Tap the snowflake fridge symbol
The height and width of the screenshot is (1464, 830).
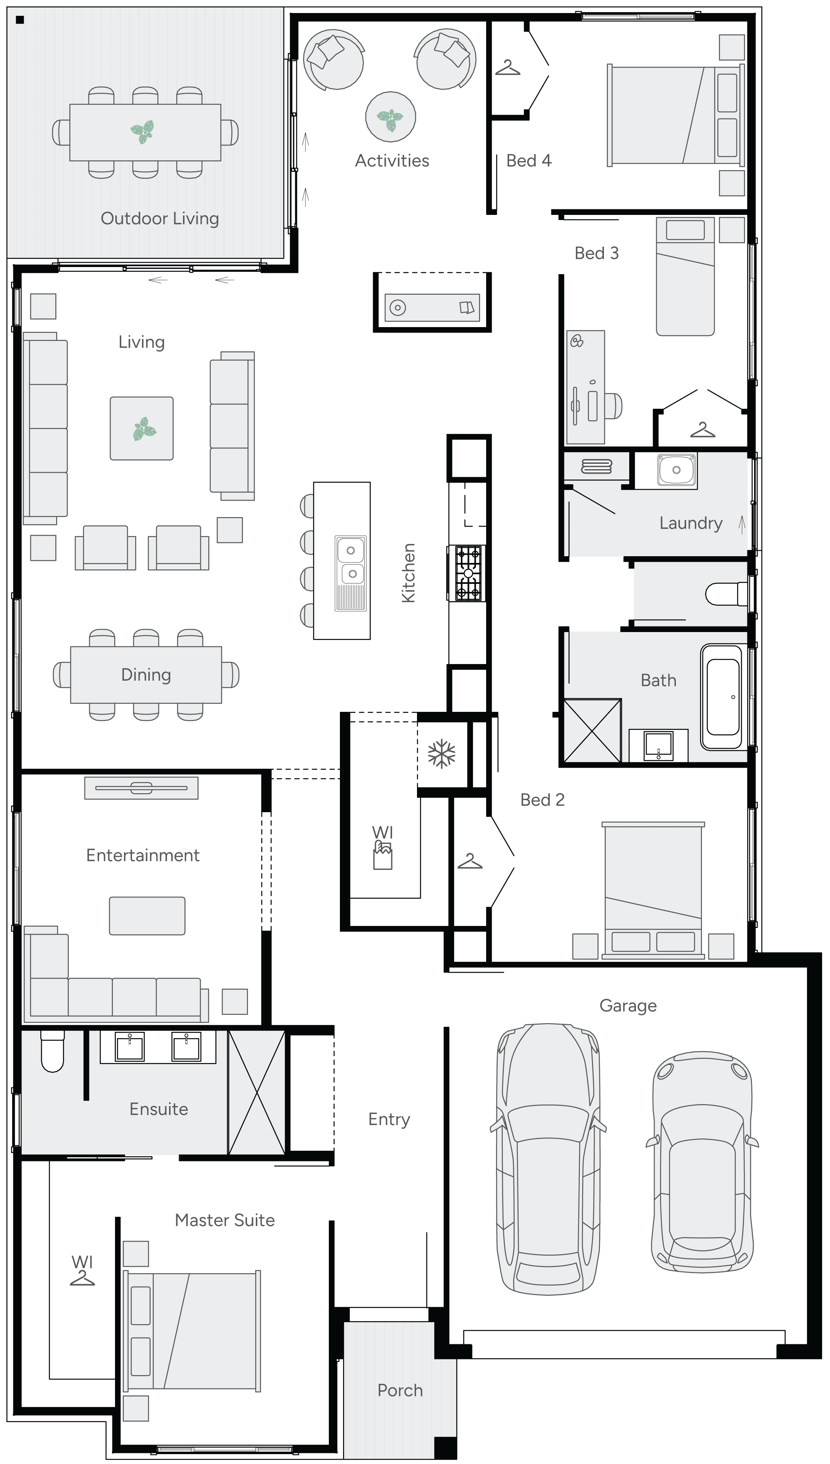442,754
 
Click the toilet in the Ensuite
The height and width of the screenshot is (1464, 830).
53,1053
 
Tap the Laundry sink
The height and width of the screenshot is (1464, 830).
676,470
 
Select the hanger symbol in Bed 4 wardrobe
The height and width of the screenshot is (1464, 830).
507,69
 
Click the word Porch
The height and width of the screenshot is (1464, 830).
400,1391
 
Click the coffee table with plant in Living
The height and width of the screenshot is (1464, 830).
141,428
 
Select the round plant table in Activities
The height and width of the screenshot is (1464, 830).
390,117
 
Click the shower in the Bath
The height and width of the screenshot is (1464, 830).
592,730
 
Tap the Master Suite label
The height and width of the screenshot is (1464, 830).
224,1220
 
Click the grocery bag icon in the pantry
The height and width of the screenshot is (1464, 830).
383,856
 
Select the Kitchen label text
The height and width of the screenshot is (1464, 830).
409,572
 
